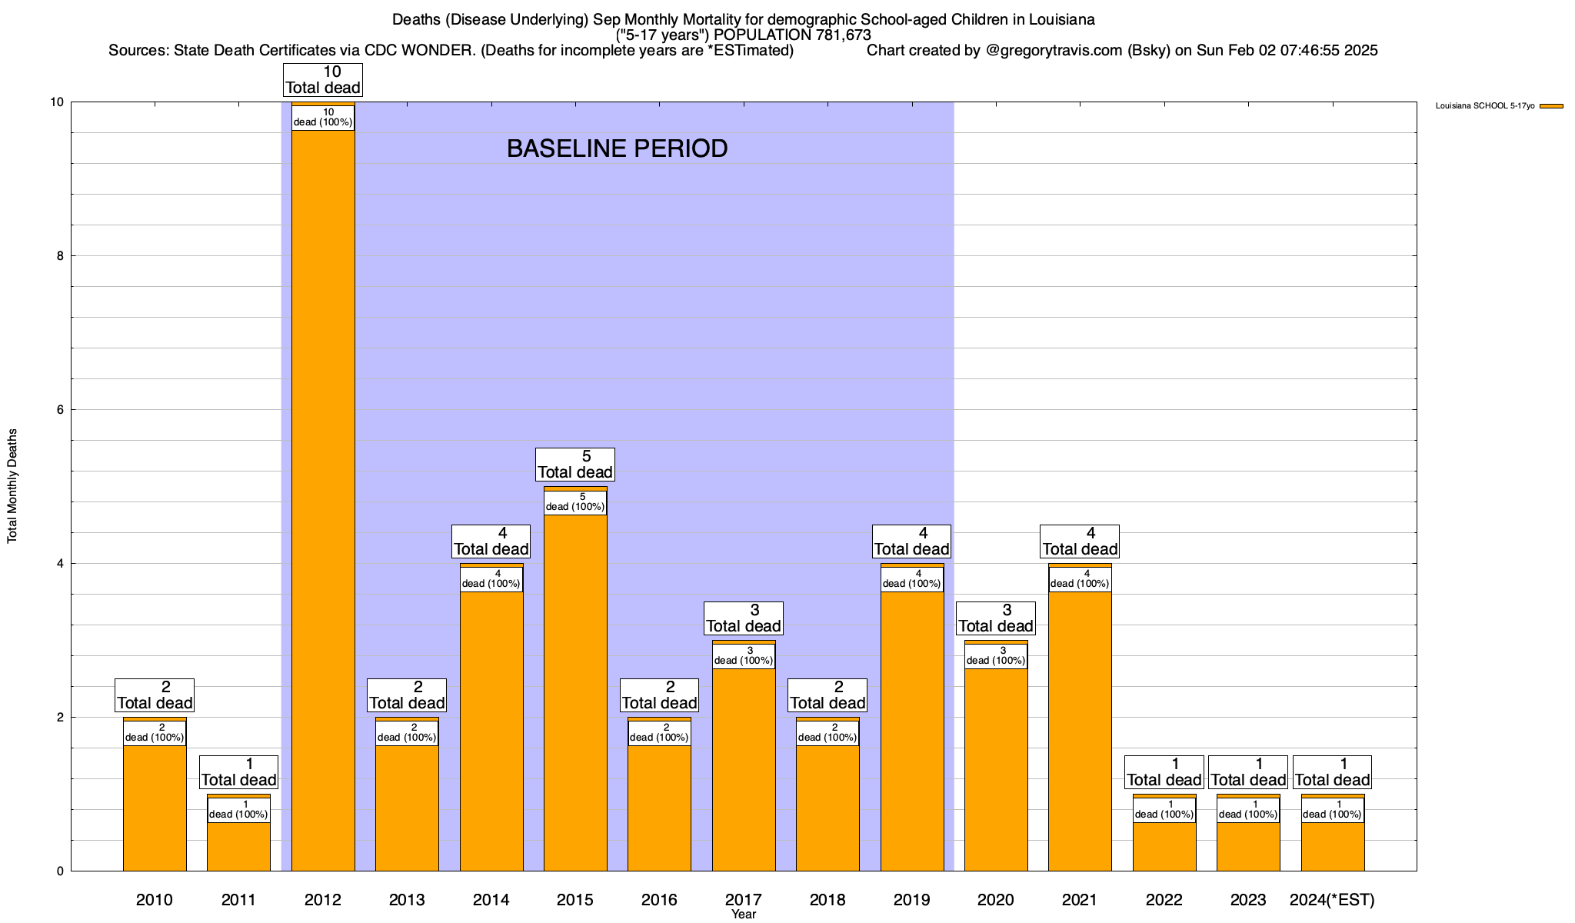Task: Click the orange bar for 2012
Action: [323, 500]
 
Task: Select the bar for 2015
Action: [575, 692]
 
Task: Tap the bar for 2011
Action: [238, 846]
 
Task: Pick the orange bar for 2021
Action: [1080, 731]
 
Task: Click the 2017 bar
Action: [744, 769]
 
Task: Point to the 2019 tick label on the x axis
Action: [911, 899]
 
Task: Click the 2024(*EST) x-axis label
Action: [1332, 899]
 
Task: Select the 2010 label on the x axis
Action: [155, 899]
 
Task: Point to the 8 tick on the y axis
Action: [60, 256]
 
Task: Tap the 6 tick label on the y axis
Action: [60, 410]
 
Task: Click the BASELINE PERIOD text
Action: [617, 148]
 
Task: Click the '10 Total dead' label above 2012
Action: [323, 80]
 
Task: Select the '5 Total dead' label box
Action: [575, 465]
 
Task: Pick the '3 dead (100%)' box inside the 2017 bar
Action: [744, 656]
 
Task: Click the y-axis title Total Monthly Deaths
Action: [12, 486]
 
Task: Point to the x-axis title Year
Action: [744, 915]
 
